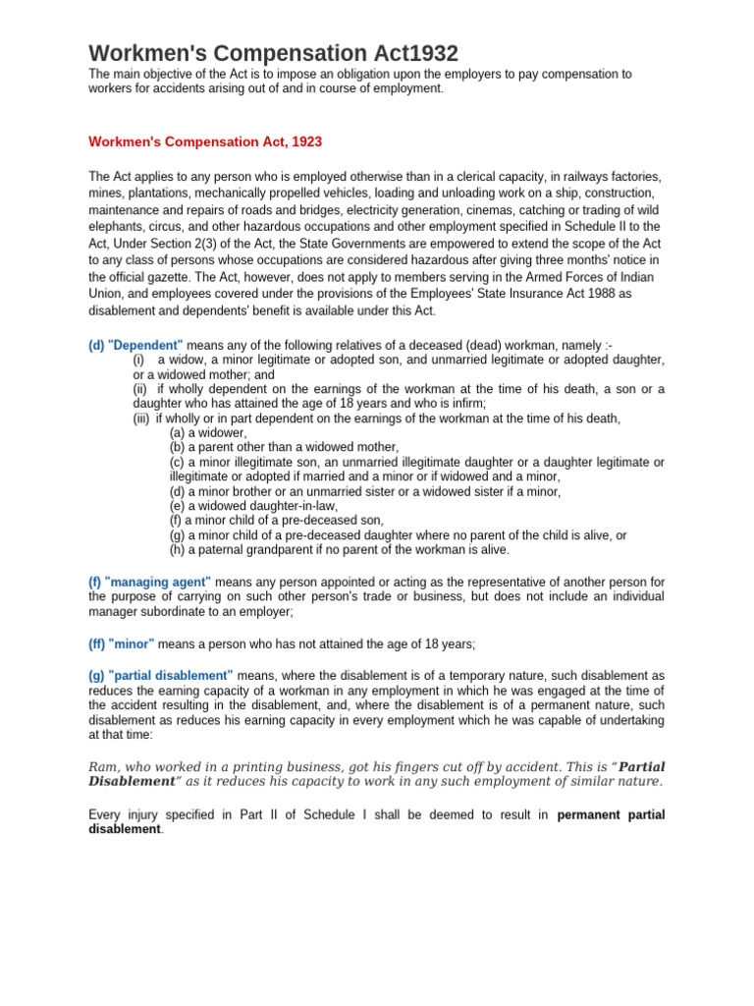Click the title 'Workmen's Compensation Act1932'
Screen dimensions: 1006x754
(x=273, y=53)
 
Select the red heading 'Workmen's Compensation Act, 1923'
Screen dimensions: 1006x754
(x=205, y=141)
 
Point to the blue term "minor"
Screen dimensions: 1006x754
(x=132, y=643)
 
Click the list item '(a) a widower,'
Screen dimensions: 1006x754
(x=208, y=432)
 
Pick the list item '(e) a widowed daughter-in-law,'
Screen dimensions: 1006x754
(x=253, y=505)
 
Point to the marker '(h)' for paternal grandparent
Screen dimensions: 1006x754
(x=177, y=549)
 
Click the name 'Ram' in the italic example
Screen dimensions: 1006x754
(x=102, y=766)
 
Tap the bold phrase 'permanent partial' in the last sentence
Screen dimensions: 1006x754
(x=611, y=814)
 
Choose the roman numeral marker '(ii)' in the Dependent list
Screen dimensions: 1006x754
(x=140, y=389)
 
